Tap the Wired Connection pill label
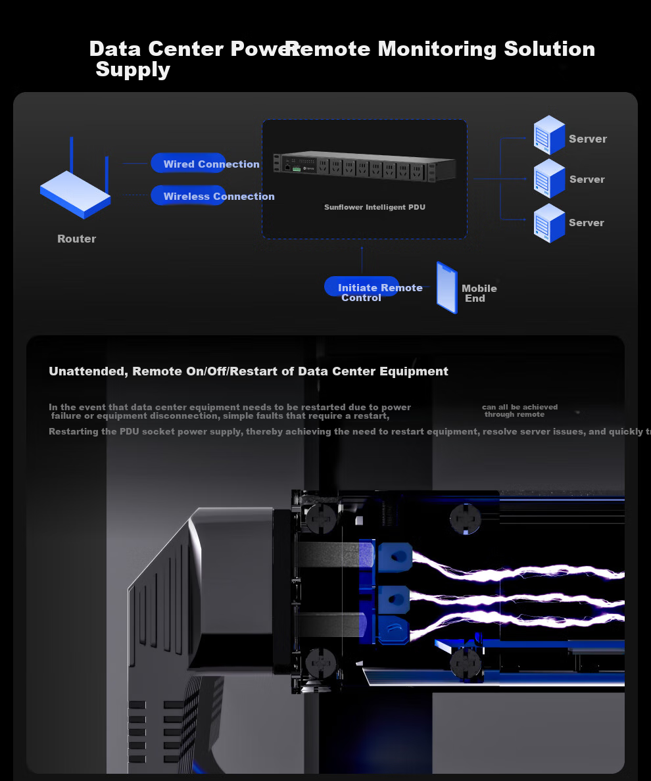point(211,164)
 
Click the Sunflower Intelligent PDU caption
point(374,207)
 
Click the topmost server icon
point(549,135)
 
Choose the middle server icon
point(549,178)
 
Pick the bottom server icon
point(549,222)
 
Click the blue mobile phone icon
point(446,288)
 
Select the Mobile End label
point(479,293)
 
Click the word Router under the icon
point(76,239)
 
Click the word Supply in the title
point(133,70)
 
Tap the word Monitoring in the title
point(437,49)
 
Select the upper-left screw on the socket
point(322,517)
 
